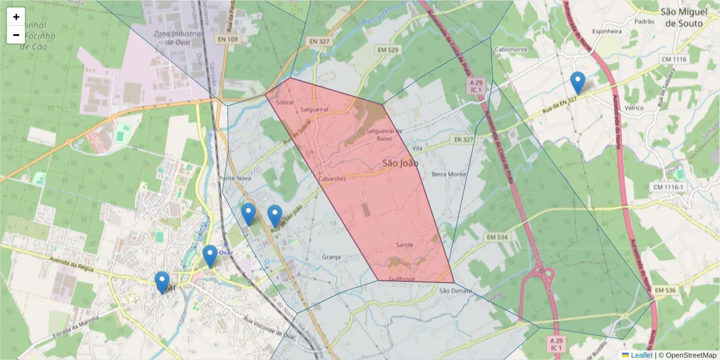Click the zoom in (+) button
point(16,17)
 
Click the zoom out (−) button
point(16,35)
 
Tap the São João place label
point(400,163)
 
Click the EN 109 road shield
point(229,39)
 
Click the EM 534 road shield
point(497,238)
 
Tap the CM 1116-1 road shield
point(668,187)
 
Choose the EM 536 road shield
point(665,291)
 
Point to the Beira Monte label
point(449,174)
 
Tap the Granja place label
point(331,257)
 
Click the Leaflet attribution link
point(641,355)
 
